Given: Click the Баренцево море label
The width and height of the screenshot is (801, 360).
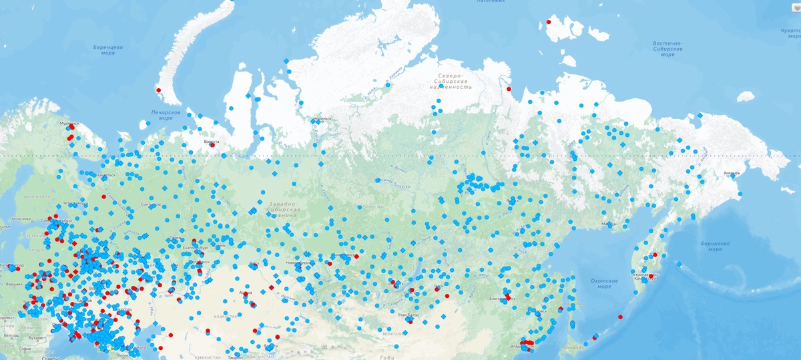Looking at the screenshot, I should pos(108,50).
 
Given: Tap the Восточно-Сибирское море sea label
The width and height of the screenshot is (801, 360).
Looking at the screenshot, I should pos(667,48).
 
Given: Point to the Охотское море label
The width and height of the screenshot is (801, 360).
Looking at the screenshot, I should pos(604,283).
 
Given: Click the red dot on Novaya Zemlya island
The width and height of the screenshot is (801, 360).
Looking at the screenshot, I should pos(158,90).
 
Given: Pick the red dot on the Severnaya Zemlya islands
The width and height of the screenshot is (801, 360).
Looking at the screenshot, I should pos(548,21).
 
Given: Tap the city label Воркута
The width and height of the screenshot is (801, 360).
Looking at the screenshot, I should pos(211,142).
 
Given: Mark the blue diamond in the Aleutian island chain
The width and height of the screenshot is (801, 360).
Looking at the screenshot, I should pos(678,264).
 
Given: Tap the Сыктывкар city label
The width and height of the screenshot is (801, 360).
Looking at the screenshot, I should pos(153,204).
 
